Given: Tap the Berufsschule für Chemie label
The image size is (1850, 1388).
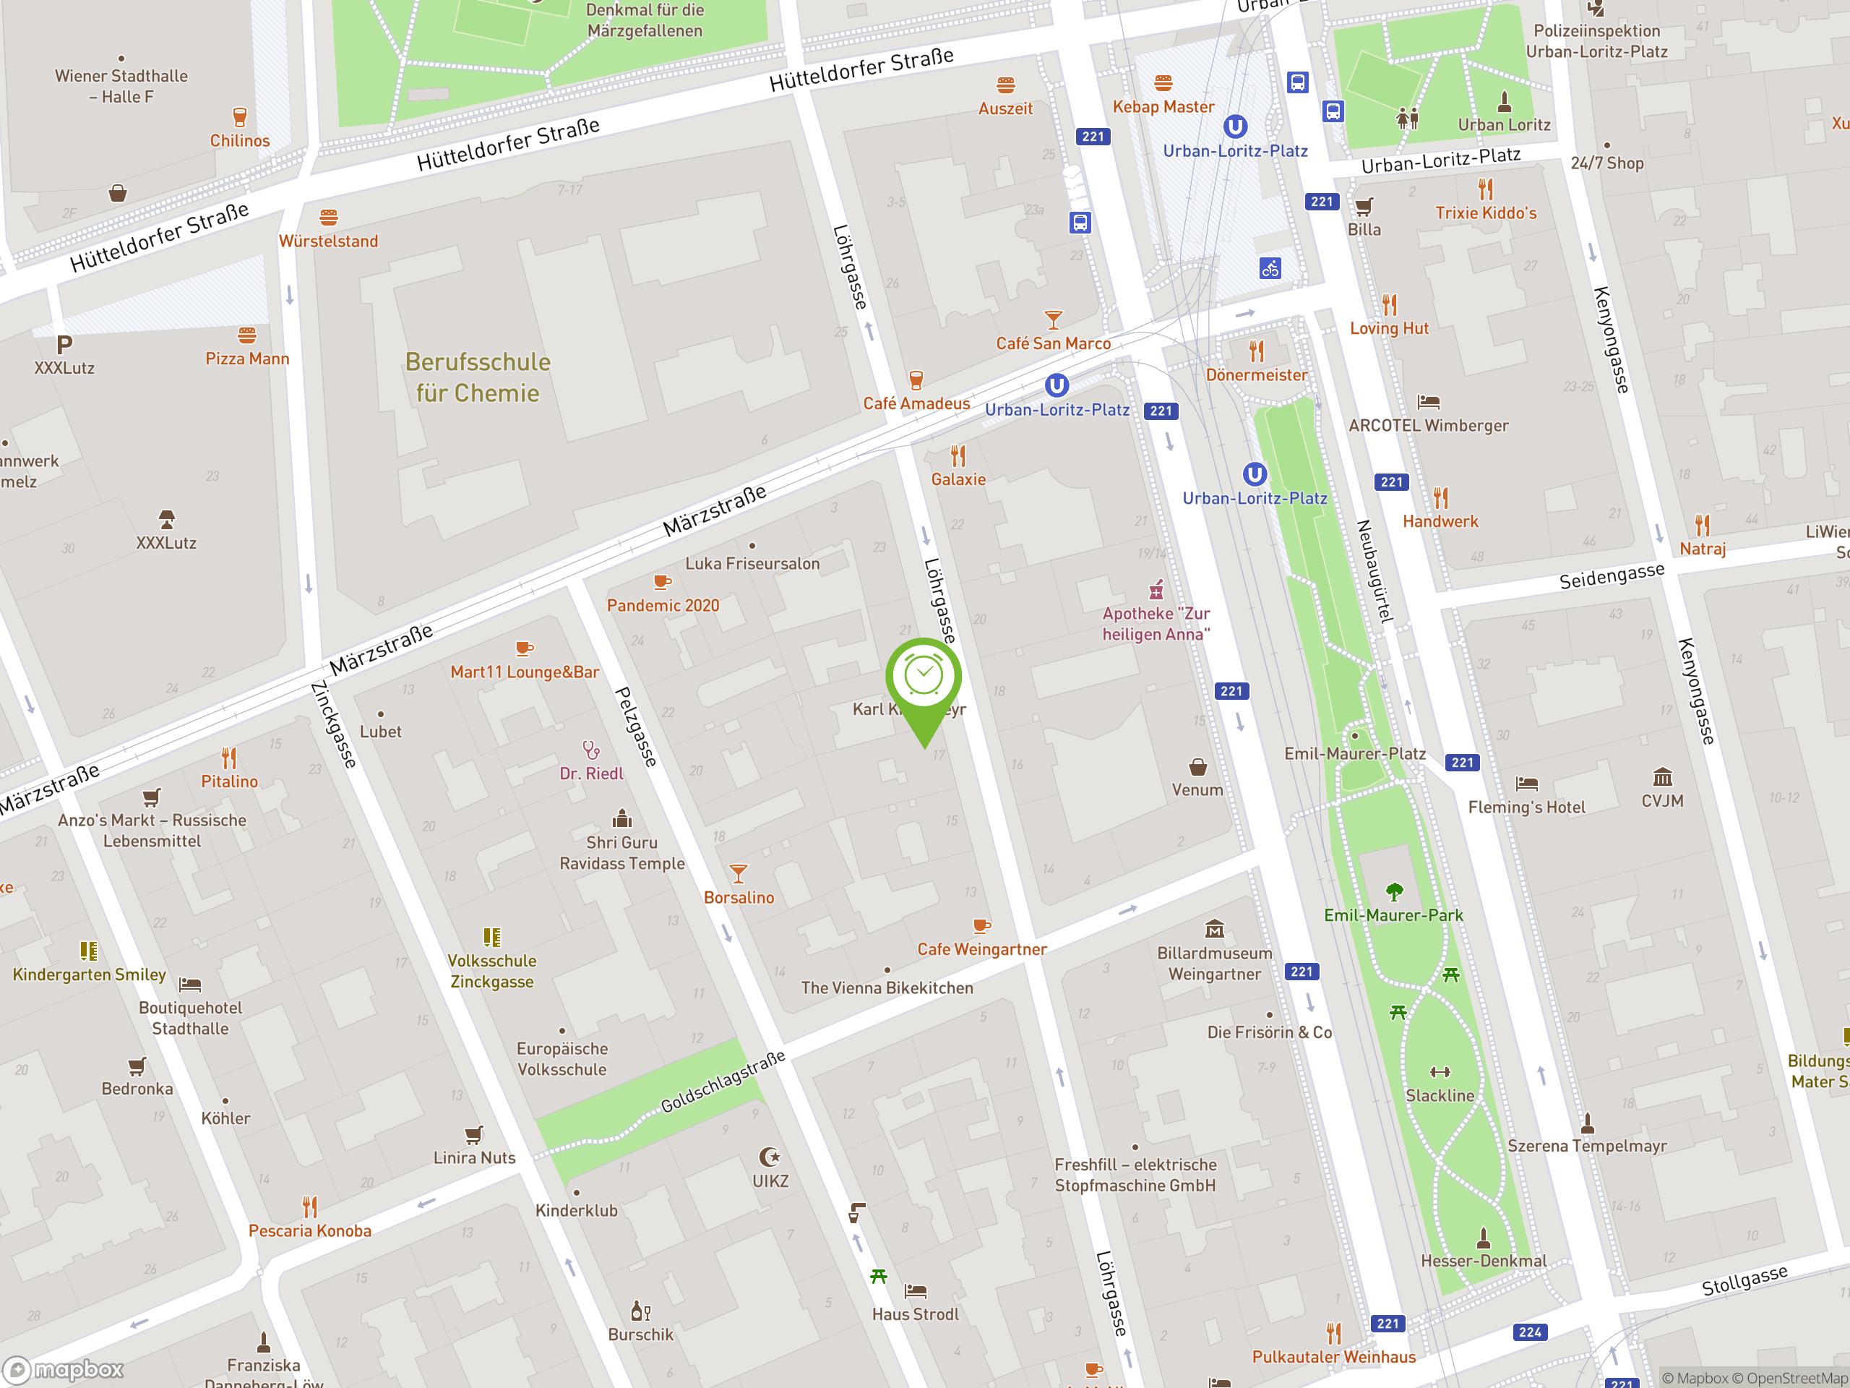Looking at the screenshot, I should click(478, 377).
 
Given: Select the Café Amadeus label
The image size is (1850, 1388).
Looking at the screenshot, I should click(916, 403).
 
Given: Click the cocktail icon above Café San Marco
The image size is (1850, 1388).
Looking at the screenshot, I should click(1053, 320).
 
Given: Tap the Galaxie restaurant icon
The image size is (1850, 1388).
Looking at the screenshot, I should click(958, 456).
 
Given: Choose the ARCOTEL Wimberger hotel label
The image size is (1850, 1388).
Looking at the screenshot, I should click(1429, 425).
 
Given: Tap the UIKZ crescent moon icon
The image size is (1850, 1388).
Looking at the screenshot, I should click(770, 1157).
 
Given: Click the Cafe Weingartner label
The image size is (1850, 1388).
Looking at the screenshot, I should click(982, 948).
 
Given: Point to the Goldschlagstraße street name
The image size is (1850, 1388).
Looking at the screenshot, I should click(723, 1081).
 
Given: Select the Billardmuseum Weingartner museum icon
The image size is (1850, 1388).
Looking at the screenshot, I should click(1214, 929).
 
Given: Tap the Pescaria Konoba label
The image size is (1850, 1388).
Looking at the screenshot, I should click(309, 1230).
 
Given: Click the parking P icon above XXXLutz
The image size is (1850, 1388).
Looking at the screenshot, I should click(64, 344).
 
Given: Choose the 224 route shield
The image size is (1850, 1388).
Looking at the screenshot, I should click(1530, 1332).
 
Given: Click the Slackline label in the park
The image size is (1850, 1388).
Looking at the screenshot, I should click(1440, 1095).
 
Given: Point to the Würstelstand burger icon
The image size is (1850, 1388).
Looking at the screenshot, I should click(329, 218).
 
